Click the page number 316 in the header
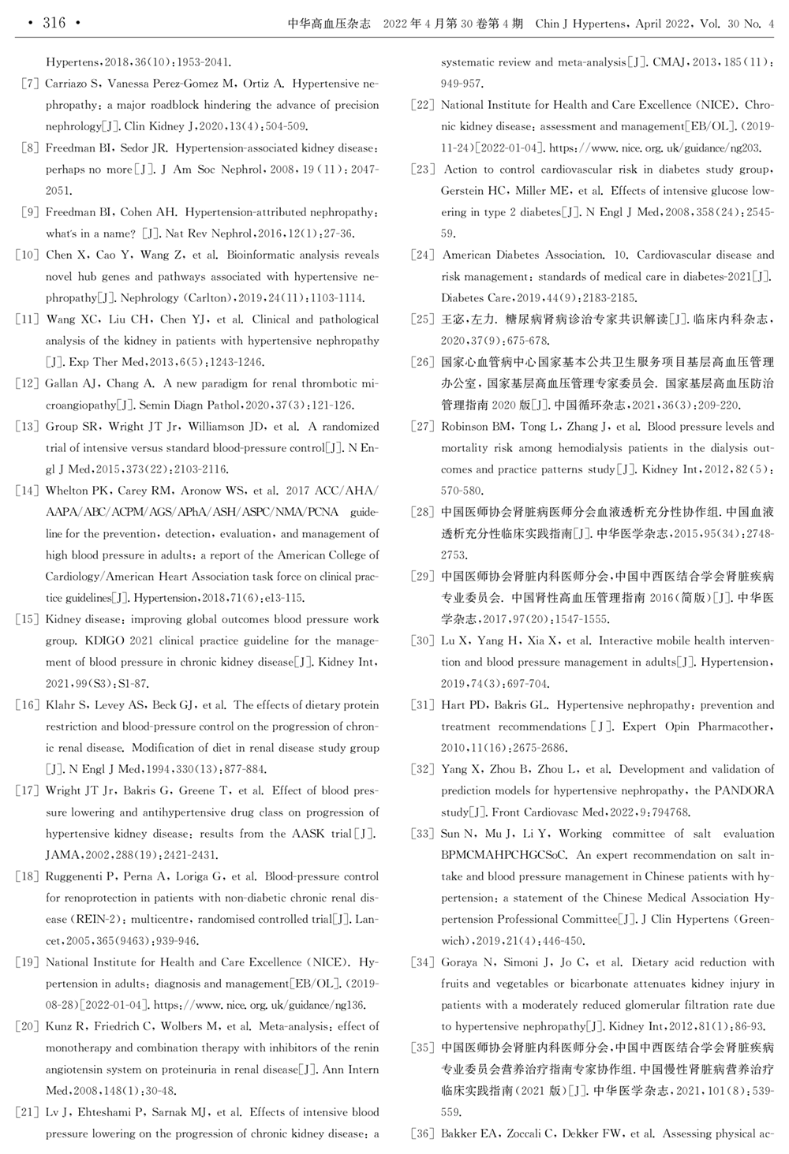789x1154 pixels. point(54,23)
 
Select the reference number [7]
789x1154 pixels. point(30,84)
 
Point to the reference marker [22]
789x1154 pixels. point(423,105)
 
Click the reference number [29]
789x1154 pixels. point(423,577)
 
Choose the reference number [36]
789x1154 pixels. point(423,1134)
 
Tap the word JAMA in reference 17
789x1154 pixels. point(62,855)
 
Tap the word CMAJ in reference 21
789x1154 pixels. point(670,62)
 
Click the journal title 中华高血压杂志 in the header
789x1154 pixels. point(330,24)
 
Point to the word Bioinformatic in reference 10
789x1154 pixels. point(261,256)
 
